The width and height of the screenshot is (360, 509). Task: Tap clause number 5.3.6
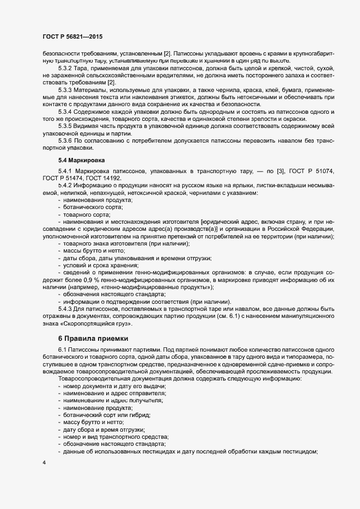coord(65,141)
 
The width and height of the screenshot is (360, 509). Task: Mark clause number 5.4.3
coord(65,309)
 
